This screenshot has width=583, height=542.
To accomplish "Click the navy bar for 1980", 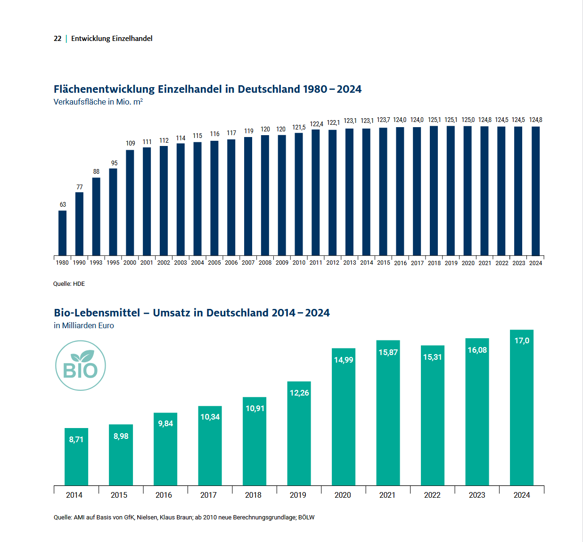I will click(x=62, y=233).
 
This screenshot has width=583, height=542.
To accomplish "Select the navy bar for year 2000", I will click(x=130, y=202).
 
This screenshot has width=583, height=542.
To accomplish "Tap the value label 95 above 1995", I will click(x=114, y=163).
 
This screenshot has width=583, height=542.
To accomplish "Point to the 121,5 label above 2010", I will click(x=299, y=127).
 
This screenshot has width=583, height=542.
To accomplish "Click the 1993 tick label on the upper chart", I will click(x=96, y=263).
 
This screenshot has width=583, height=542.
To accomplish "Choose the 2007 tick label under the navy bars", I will click(x=248, y=263).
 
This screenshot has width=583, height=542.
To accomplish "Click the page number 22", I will click(x=57, y=39).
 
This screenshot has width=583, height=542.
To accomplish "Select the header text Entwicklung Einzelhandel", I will click(x=112, y=39).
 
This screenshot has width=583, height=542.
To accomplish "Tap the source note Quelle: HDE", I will click(x=69, y=284).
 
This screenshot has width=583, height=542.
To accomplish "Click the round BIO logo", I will click(x=81, y=366).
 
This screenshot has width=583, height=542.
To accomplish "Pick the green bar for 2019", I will click(x=299, y=433).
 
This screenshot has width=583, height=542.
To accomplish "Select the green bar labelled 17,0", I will click(x=522, y=407).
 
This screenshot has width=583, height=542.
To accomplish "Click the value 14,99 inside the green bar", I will click(x=344, y=360).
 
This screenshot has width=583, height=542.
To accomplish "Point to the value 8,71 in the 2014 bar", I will click(x=76, y=439).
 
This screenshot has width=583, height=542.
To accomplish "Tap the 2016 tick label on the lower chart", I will click(x=164, y=495).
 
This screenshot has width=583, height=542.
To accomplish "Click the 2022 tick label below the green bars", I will click(x=432, y=495).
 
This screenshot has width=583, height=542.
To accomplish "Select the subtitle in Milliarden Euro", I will click(x=84, y=325).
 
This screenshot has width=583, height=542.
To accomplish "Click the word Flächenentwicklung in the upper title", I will click(x=104, y=89).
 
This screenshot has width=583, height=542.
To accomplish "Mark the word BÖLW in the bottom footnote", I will click(x=306, y=518).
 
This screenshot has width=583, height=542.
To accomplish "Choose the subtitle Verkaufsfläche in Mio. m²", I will click(x=98, y=102).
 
